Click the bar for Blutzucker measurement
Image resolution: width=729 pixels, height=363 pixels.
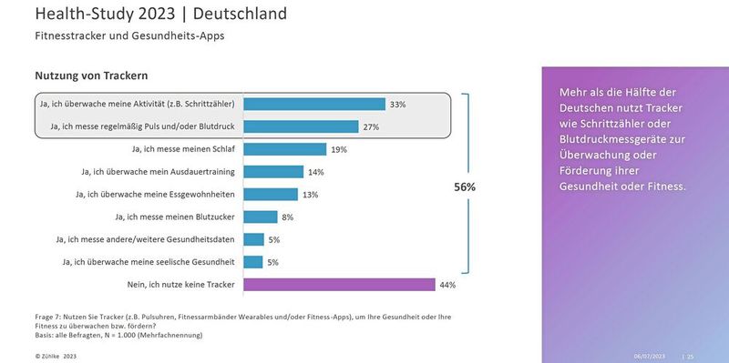coord(261,217)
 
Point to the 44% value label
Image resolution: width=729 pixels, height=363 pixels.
coord(447,285)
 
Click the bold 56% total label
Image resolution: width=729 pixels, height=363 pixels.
coord(465,187)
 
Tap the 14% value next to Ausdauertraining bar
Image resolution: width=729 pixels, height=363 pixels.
coord(315,172)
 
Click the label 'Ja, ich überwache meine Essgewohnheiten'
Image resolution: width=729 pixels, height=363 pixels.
coord(156,194)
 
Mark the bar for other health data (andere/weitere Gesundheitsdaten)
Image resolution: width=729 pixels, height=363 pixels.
coord(254,239)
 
